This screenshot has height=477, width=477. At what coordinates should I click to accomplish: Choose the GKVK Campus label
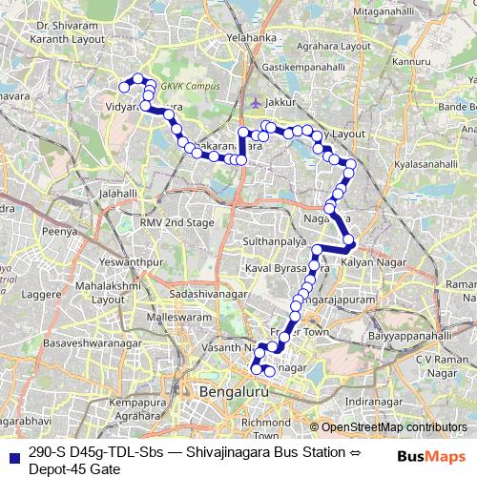pyautogui.click(x=191, y=86)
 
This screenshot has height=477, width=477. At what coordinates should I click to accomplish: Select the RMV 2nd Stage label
pyautogui.click(x=176, y=222)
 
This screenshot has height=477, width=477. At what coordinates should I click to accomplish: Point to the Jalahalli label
pyautogui.click(x=113, y=193)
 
